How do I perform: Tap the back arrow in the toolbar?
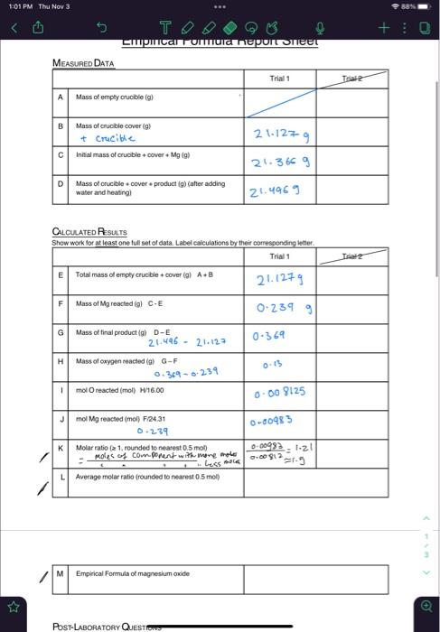tap(14, 28)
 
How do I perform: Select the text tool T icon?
tap(163, 28)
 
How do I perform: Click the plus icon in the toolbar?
tap(384, 28)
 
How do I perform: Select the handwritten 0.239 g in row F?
tap(283, 308)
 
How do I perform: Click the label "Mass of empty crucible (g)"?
tap(115, 97)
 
